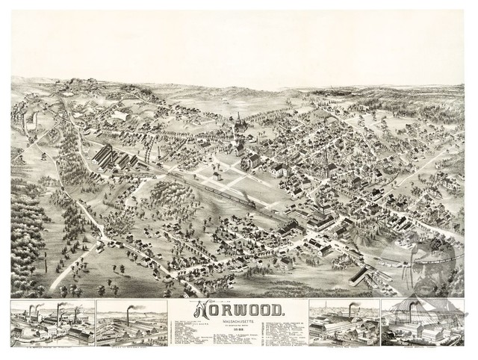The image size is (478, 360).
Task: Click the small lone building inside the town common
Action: (x=217, y=176)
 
